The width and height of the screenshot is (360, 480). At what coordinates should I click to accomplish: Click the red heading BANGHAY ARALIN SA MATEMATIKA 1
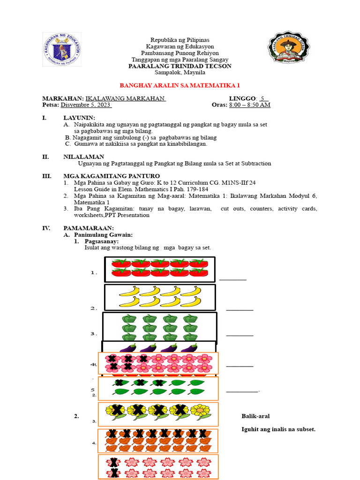[x=180, y=86]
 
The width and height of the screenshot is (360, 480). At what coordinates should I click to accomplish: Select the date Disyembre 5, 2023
[x=86, y=105]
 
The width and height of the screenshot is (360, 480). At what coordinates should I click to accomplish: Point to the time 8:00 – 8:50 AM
[x=249, y=105]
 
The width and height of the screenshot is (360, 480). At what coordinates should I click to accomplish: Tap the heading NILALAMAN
[x=84, y=157]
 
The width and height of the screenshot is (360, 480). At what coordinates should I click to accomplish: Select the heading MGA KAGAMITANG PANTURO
[x=105, y=176]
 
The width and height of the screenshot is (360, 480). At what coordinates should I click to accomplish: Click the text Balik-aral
[x=255, y=416]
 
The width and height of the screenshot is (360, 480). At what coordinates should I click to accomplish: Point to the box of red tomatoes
[x=159, y=270]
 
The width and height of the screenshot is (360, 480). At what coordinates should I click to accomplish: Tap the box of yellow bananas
[x=159, y=297]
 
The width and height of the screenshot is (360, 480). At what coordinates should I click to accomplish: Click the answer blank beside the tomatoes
[x=232, y=279]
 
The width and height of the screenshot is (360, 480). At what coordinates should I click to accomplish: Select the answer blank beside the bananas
[x=240, y=309]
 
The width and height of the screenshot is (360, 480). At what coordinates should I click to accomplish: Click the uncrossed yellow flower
[x=200, y=411]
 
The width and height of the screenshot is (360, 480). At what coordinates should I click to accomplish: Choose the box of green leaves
[x=158, y=388]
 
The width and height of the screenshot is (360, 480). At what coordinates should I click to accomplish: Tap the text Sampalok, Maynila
[x=180, y=73]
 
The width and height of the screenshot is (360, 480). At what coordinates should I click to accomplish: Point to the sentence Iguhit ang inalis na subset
[x=278, y=429]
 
